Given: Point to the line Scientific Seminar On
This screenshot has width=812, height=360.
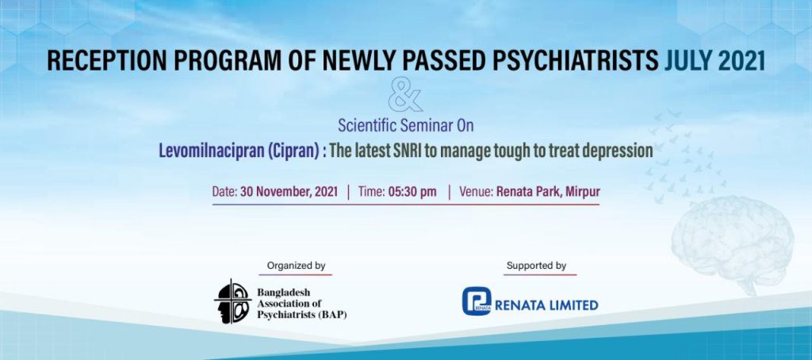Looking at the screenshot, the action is [405, 125].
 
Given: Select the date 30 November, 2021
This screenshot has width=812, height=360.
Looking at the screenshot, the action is [289, 192].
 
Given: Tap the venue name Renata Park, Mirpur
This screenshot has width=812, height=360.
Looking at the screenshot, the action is [548, 192].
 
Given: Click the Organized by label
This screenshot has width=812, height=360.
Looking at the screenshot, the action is [297, 266].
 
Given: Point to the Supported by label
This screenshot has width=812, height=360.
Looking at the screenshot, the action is [536, 266].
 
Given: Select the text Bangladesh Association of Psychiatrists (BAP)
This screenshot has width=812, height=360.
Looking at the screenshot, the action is [302, 304].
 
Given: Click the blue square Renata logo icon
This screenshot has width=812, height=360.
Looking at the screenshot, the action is [477, 301].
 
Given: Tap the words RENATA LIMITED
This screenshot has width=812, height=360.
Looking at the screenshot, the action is [546, 305].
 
